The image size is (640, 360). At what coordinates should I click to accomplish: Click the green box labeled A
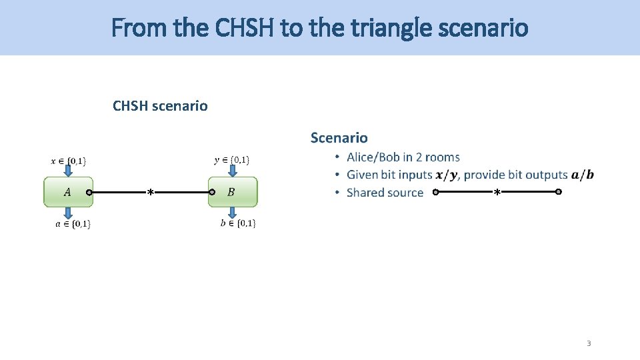67,192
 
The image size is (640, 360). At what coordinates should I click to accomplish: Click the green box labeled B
232,192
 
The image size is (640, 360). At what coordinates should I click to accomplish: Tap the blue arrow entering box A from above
69,171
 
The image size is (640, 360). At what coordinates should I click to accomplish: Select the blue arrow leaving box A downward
69,213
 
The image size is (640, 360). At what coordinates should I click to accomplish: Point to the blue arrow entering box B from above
231,171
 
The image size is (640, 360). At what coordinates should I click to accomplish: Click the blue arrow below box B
231,212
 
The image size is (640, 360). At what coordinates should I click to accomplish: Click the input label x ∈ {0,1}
69,161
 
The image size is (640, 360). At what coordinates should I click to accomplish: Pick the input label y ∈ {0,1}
232,159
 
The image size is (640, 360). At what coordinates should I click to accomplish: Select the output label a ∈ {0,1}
73,224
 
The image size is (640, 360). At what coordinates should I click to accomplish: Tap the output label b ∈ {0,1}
238,223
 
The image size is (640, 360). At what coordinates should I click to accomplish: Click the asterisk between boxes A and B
151,193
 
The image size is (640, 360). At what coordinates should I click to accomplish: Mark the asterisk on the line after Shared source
497,193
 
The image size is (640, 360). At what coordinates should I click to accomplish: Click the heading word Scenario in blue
339,138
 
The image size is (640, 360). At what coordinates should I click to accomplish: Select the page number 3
589,343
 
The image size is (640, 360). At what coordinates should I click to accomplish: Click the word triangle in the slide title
423,28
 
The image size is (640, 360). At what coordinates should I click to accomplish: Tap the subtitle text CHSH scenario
160,106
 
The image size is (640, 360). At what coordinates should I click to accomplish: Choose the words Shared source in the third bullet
385,193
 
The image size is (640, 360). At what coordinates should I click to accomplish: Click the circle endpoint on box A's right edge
89,193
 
